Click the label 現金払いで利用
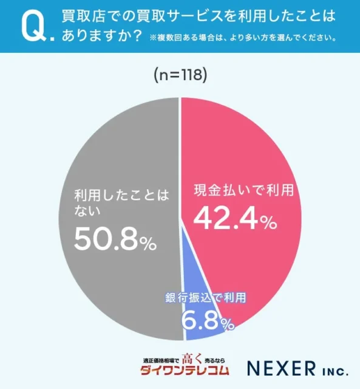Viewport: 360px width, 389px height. coord(243,190)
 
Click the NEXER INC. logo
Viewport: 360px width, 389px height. coord(299,368)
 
